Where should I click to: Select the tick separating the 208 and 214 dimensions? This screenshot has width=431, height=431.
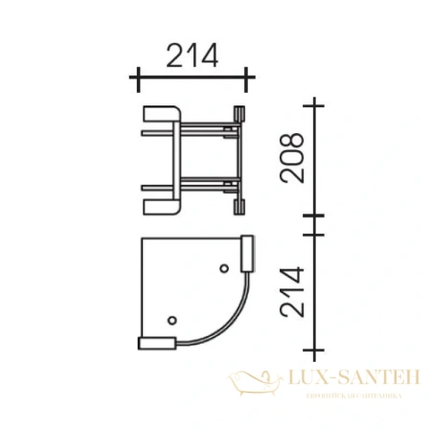pyautogui.click(x=313, y=228)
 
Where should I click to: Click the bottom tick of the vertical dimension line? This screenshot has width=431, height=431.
pyautogui.click(x=313, y=346)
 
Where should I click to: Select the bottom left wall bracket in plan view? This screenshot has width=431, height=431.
pyautogui.click(x=155, y=341)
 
